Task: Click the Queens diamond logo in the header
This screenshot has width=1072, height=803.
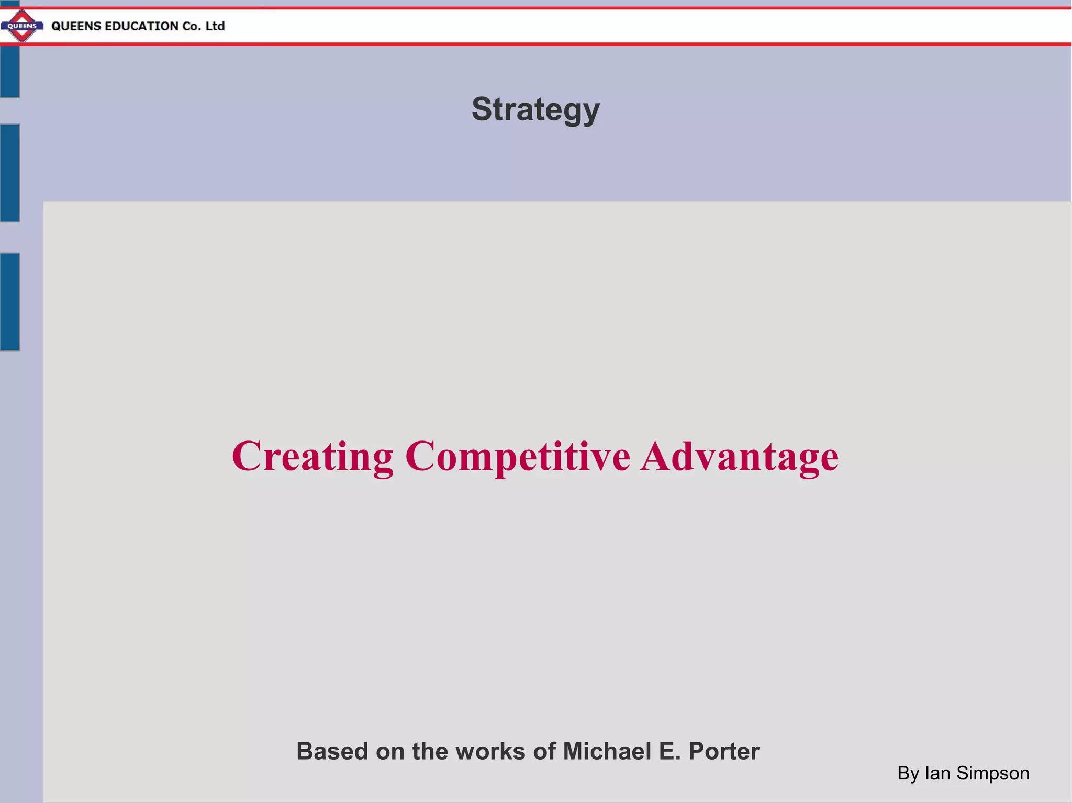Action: (x=22, y=26)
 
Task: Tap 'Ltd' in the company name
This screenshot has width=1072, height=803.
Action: (x=215, y=26)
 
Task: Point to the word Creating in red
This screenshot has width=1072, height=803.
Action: (x=312, y=456)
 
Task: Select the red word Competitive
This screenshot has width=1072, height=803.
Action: (x=518, y=456)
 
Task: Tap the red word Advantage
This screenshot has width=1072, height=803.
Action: (x=739, y=456)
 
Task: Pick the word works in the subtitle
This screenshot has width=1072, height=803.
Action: (x=490, y=751)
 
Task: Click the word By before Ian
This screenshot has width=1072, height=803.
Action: (x=908, y=773)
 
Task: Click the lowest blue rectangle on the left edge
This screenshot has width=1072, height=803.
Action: (x=9, y=301)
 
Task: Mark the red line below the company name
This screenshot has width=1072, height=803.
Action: (x=536, y=44)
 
